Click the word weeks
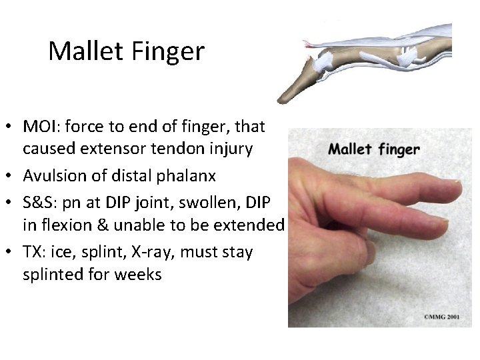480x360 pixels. (x=141, y=275)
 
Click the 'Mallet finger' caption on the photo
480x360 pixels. (x=374, y=148)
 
